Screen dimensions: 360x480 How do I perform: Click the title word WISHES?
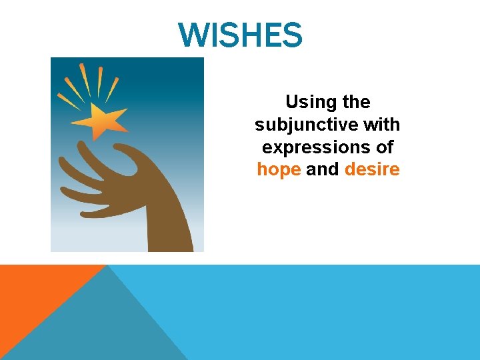coord(240,35)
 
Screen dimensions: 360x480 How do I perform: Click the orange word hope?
coord(279,170)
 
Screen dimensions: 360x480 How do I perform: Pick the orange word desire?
coord(372,170)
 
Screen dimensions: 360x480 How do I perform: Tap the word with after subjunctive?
coord(382,125)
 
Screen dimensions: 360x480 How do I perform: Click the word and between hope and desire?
coord(323,170)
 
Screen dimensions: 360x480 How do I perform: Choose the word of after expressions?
coord(383,147)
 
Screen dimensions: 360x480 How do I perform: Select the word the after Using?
coord(355,102)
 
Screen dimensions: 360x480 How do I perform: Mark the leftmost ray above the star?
coord(67,100)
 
